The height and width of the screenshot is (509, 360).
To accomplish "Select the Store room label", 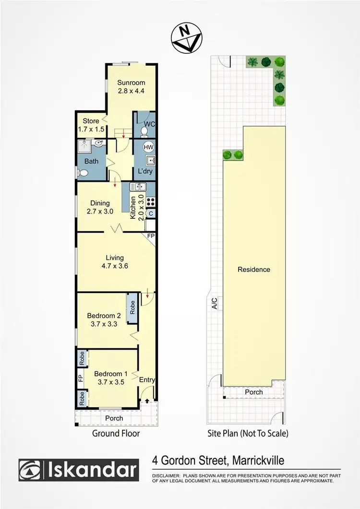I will [x=91, y=125].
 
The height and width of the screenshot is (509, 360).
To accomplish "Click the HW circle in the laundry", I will [x=148, y=148].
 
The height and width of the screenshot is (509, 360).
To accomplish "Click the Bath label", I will [x=91, y=161].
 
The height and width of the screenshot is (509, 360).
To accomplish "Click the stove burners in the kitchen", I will [x=150, y=202].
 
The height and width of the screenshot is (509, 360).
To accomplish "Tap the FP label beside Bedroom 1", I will [x=81, y=378].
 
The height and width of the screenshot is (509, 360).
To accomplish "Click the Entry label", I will [x=147, y=380].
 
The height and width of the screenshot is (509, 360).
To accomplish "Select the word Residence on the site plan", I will [x=254, y=269].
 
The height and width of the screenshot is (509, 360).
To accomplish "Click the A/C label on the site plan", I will [x=215, y=303].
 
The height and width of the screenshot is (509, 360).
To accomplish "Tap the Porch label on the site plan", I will [x=254, y=392].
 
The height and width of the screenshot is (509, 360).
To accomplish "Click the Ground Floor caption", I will [x=116, y=434].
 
